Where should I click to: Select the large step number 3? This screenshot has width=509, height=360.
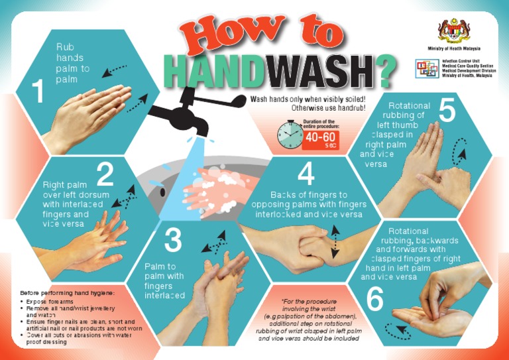click(172, 241)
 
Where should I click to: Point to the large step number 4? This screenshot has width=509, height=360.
click(306, 175)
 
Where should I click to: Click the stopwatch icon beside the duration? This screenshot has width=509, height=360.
click(290, 135)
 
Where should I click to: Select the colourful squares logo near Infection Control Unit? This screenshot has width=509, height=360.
click(426, 68)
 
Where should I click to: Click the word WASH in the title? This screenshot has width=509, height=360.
click(318, 73)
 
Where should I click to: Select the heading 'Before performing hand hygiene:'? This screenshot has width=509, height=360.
click(68, 292)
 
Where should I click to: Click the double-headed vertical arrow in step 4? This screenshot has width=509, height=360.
click(336, 241)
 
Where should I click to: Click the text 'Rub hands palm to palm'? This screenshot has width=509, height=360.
click(73, 63)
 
